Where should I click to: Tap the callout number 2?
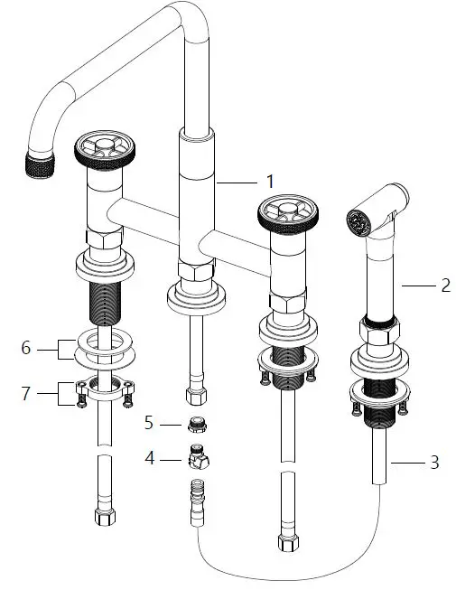(x=445, y=286)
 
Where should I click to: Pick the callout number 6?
(x=25, y=348)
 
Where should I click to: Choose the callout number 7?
(x=25, y=393)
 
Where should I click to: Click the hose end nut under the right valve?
(x=289, y=543)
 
